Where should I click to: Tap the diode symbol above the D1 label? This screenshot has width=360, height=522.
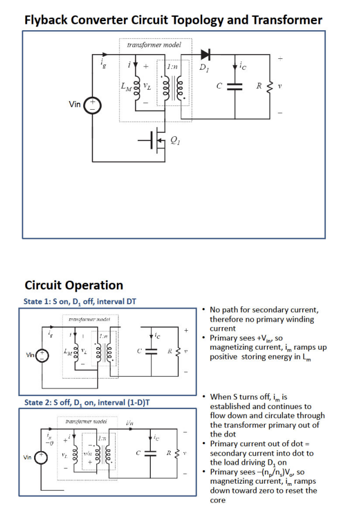pos(205,55)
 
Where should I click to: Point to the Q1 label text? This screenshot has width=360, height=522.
pos(175,140)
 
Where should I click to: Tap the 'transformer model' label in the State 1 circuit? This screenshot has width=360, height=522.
pos(86,320)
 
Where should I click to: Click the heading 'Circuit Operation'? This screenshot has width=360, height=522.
pos(74,285)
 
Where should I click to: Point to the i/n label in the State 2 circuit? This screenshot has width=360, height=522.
pos(130,423)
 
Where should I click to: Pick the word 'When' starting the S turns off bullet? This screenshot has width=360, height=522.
pos(221,397)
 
